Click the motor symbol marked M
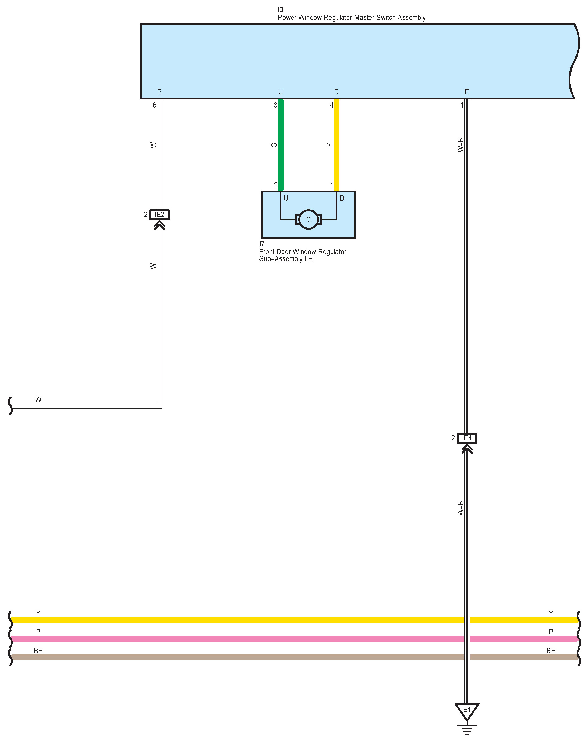(x=308, y=219)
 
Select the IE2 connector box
(x=159, y=215)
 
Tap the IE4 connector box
(x=467, y=438)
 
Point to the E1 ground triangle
(x=467, y=711)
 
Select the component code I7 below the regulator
(x=262, y=244)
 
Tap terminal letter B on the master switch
(x=159, y=92)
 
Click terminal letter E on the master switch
(x=467, y=92)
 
